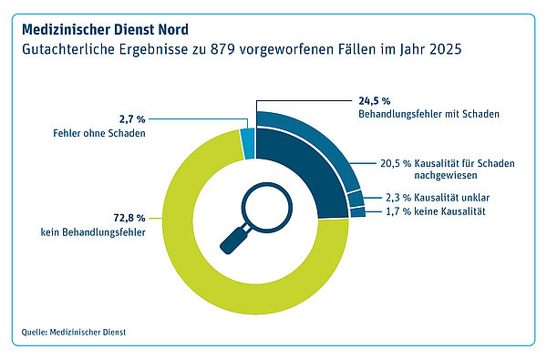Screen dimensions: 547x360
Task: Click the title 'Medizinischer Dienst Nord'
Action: pyautogui.click(x=105, y=30)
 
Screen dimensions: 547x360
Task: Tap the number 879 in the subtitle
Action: pyautogui.click(x=222, y=49)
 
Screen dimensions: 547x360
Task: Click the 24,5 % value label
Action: pyautogui.click(x=375, y=101)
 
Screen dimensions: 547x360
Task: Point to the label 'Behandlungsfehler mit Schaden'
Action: pyautogui.click(x=428, y=114)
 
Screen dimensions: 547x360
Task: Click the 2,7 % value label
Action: pyautogui.click(x=132, y=119)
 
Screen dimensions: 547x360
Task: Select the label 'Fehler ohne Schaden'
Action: pyautogui.click(x=99, y=133)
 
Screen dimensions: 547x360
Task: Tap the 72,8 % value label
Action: pyautogui.click(x=129, y=218)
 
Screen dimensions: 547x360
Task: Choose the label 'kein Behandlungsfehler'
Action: pyautogui.click(x=93, y=232)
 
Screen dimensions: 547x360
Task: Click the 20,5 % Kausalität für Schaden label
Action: pyautogui.click(x=448, y=170)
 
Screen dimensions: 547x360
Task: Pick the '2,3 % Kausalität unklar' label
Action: pyautogui.click(x=438, y=198)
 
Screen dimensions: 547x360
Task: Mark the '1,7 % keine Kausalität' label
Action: pyautogui.click(x=436, y=211)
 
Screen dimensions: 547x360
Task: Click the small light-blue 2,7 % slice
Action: pyautogui.click(x=248, y=144)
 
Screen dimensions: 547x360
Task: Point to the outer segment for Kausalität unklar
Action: pyautogui.click(x=356, y=199)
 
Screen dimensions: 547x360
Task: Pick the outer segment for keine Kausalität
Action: pyautogui.click(x=358, y=212)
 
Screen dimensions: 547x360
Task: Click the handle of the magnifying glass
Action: pyautogui.click(x=234, y=240)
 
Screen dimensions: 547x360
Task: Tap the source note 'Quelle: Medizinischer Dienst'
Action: pyautogui.click(x=74, y=332)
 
